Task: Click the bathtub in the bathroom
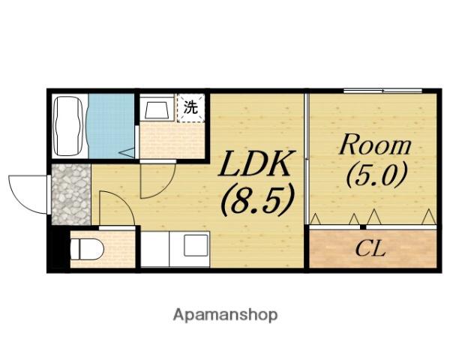[68, 126]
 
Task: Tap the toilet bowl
[87, 249]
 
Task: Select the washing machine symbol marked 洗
[190, 108]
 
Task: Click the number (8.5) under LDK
[258, 199]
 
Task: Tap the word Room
[375, 145]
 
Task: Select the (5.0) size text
[376, 175]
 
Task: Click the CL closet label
[370, 249]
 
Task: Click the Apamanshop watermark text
[225, 315]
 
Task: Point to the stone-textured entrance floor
[71, 194]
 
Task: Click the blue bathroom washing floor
[111, 126]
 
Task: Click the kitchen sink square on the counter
[196, 245]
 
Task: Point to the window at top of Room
[382, 91]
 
